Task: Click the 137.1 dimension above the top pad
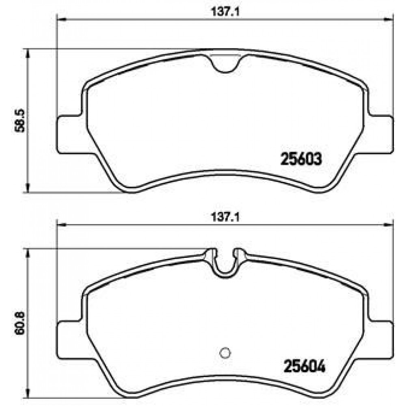pos(225,12)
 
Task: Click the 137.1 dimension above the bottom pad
pos(225,217)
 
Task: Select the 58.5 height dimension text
pos(19,121)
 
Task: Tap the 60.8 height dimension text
pos(19,323)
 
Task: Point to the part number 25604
pos(304,366)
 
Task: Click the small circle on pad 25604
pos(225,353)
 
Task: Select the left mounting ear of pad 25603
pos(70,135)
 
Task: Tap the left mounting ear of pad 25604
pos(70,340)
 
